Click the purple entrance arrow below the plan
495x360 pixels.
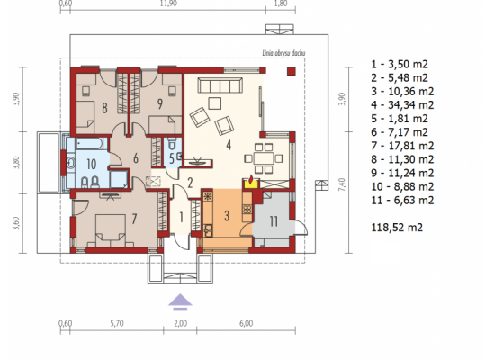click(x=180, y=301)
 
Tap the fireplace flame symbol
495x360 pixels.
click(x=251, y=180)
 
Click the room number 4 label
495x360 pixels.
click(x=229, y=145)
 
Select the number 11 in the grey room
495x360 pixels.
click(x=274, y=221)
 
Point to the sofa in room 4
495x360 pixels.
click(x=220, y=85)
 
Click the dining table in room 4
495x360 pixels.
click(x=264, y=158)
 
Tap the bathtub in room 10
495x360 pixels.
click(x=90, y=144)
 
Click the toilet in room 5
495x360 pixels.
click(x=172, y=143)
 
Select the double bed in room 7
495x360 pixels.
click(x=111, y=229)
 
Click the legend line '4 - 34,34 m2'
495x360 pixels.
click(x=402, y=104)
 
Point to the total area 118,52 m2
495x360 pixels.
click(x=397, y=227)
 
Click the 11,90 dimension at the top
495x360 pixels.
click(x=168, y=4)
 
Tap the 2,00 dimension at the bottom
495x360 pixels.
click(x=180, y=323)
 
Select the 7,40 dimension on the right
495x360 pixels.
click(x=342, y=184)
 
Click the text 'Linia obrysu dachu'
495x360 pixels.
click(x=283, y=53)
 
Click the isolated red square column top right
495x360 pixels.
click(x=292, y=71)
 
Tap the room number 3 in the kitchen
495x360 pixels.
click(x=227, y=216)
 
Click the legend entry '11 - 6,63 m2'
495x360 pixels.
click(x=402, y=200)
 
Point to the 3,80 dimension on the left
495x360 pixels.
click(x=16, y=162)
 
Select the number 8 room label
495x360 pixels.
click(x=104, y=108)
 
